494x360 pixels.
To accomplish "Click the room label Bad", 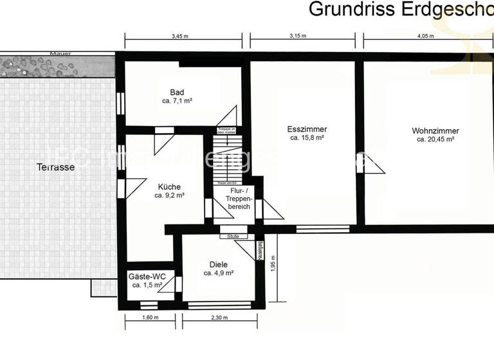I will (x=178, y=92).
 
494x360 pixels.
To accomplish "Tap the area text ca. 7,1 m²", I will (x=178, y=101).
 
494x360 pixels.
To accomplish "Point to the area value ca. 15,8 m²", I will (x=306, y=138).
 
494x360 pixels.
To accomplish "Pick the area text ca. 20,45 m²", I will (x=436, y=139).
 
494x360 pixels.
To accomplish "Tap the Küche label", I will (x=170, y=186).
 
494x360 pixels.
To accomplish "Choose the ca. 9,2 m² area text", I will (x=170, y=195).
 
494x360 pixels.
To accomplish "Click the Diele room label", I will (x=219, y=264).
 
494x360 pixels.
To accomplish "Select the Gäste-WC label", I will (x=147, y=276).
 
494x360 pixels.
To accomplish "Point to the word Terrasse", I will (x=56, y=167).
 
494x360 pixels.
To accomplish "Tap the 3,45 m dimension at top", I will (x=180, y=37).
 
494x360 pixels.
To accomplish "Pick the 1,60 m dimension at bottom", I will (x=150, y=318).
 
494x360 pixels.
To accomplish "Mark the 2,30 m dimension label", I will (x=219, y=318).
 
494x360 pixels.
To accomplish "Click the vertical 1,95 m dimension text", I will (x=272, y=265).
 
